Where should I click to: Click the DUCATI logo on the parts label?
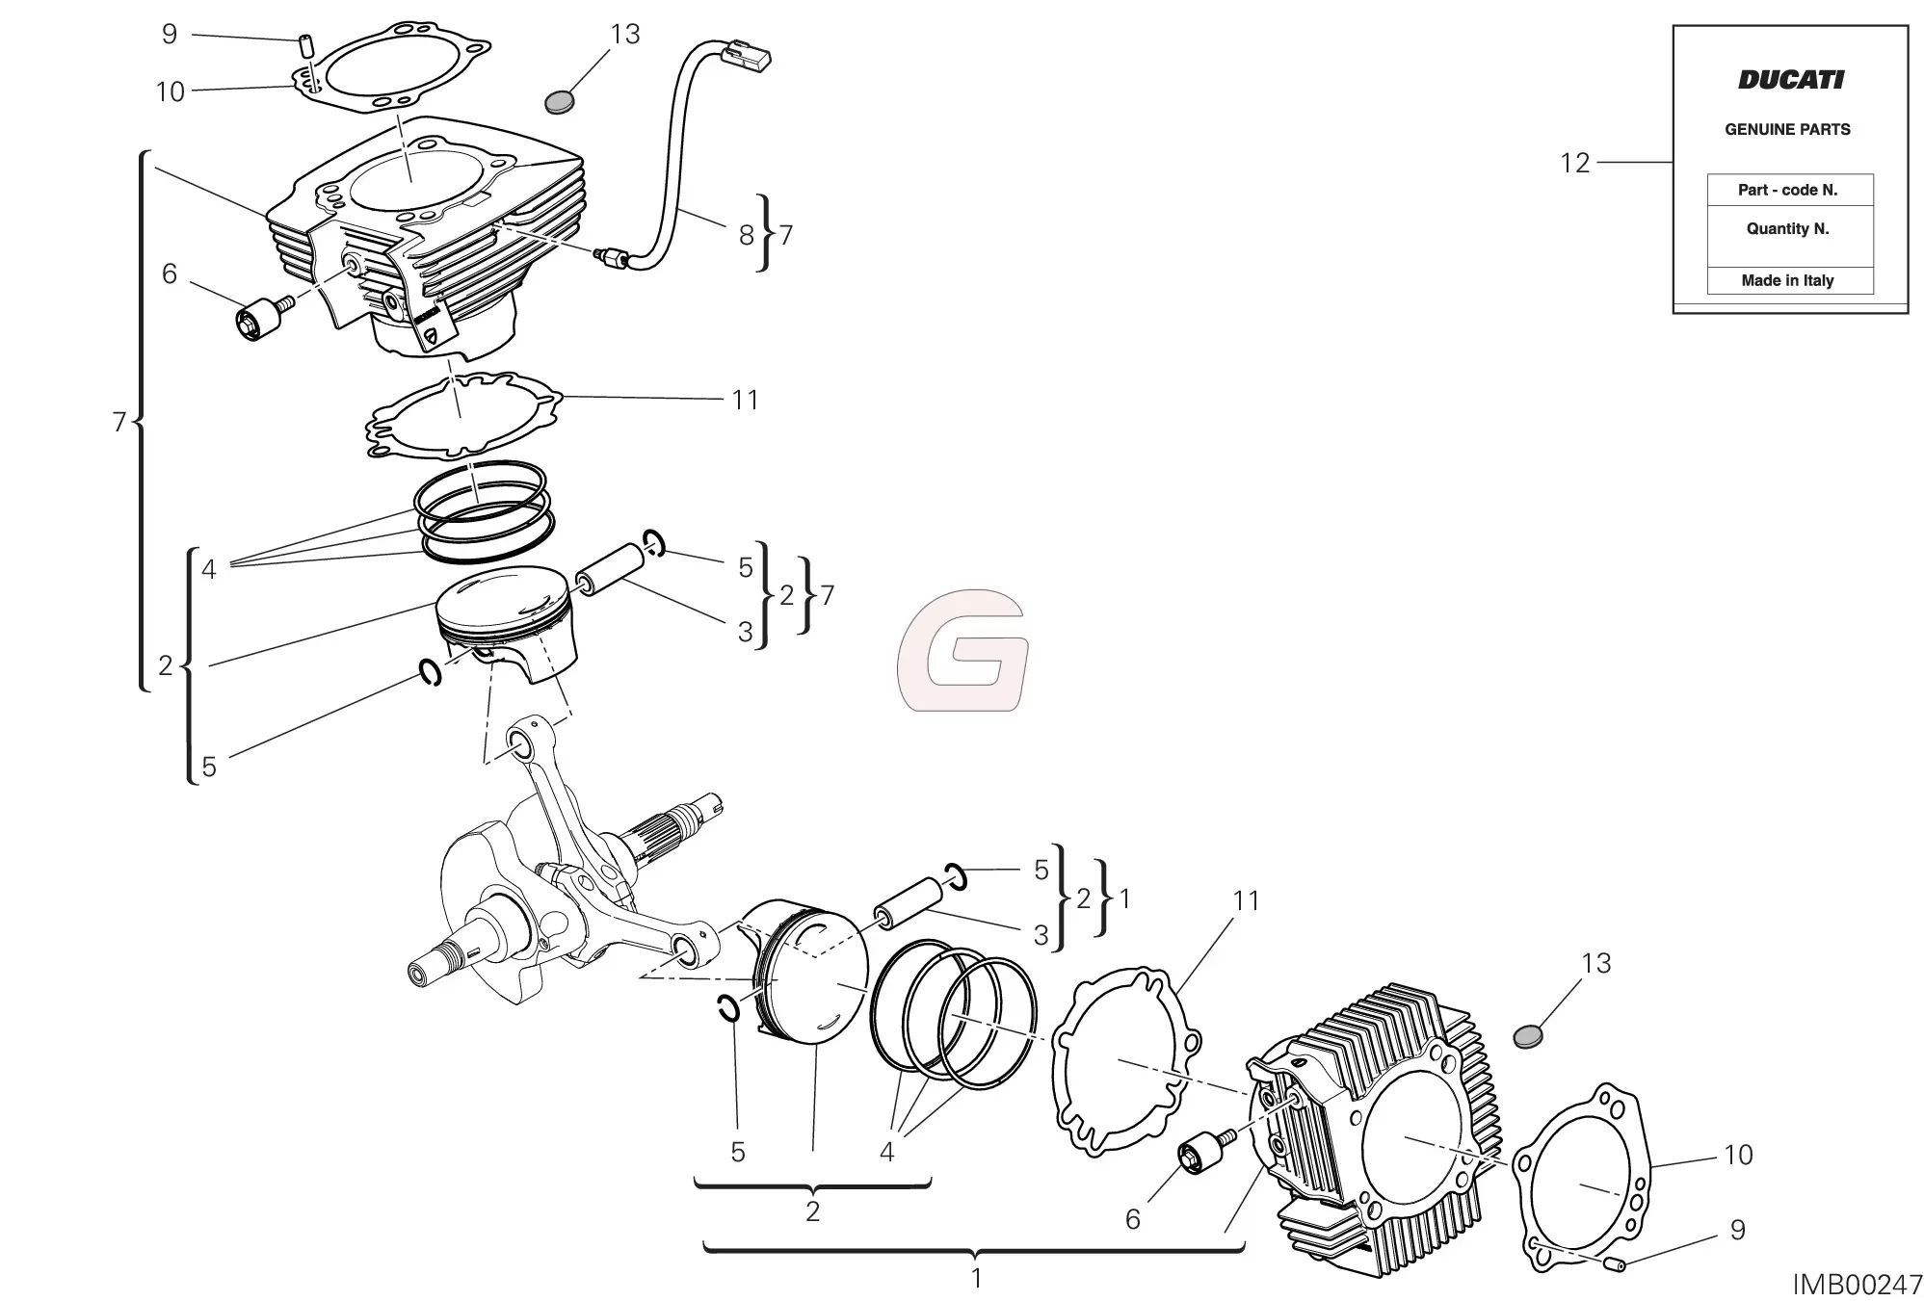point(1790,80)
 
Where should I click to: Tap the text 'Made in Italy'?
point(1787,280)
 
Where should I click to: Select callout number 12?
point(1574,163)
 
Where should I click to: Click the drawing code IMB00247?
point(1857,1285)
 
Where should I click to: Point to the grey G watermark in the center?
point(962,651)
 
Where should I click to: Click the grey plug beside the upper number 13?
point(560,101)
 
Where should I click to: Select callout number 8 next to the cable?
point(746,235)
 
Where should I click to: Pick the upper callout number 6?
point(170,273)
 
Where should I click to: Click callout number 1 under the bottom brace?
point(976,1279)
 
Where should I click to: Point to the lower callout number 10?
point(1737,1155)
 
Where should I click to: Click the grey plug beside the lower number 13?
point(1528,1036)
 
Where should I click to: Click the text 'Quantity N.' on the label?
point(1787,229)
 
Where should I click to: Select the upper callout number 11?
point(745,400)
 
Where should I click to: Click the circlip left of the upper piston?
point(431,672)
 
